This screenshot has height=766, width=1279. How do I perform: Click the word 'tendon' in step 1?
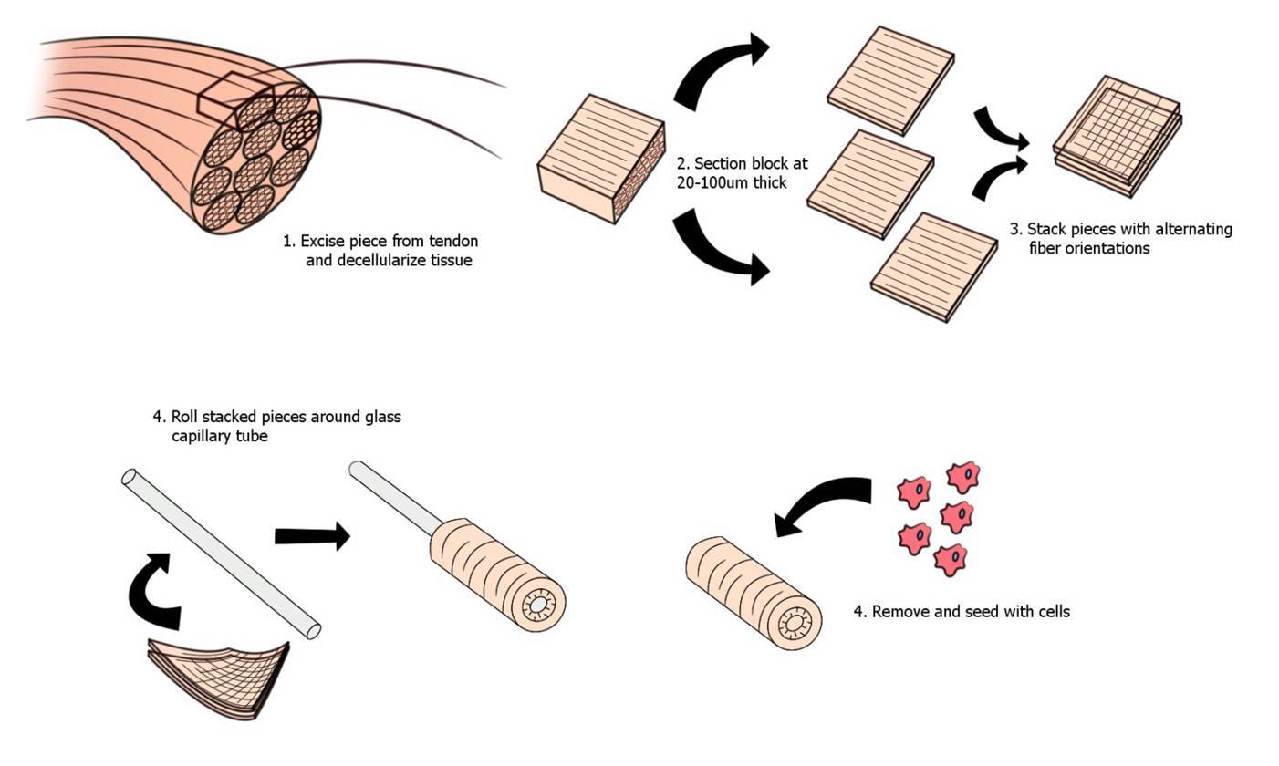[x=452, y=242]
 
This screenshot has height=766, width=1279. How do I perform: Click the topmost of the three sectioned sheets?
[x=890, y=79]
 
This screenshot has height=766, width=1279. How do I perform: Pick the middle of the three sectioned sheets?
[x=870, y=182]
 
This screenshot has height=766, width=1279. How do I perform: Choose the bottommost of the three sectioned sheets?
[x=934, y=265]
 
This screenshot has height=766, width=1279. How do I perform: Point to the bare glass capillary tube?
[x=219, y=551]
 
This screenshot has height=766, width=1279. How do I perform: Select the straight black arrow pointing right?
[x=311, y=536]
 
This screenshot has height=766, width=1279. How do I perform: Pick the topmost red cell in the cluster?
[x=963, y=476]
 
